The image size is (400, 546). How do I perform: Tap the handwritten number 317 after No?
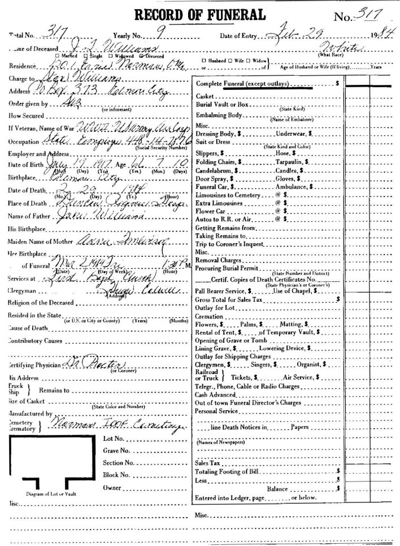tap(369, 16)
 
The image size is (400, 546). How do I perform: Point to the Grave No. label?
tap(118, 451)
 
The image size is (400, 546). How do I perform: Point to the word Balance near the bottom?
tap(277, 488)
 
